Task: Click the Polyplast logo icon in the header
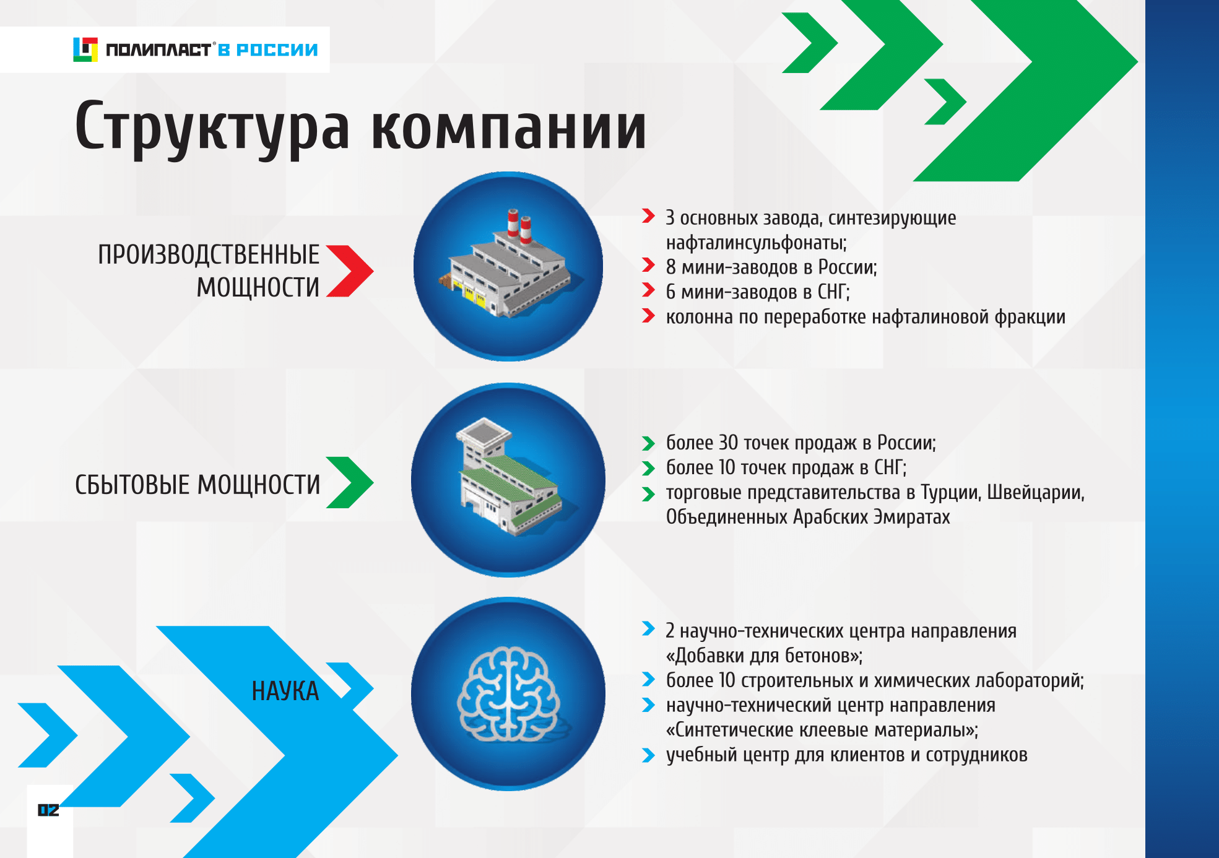85,50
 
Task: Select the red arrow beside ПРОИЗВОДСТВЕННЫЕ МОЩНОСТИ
350,271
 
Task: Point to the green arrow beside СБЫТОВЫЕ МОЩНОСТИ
350,482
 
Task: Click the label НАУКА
285,691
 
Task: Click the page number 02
48,810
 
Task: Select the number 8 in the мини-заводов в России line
671,267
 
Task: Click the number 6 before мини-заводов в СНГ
671,292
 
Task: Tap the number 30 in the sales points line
728,443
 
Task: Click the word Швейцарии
1036,493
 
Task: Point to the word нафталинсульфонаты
757,243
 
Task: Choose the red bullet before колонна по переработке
648,316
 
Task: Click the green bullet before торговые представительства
648,493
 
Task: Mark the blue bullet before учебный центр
648,755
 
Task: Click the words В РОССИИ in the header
268,50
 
